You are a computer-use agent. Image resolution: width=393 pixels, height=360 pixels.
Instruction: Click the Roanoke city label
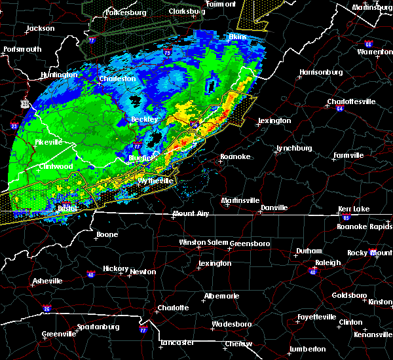click(234, 157)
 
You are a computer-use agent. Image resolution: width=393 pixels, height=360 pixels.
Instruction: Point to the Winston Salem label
click(202, 242)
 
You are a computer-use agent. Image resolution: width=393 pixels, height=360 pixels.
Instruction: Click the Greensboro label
click(250, 242)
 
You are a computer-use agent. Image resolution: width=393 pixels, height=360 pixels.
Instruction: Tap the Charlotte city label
click(173, 308)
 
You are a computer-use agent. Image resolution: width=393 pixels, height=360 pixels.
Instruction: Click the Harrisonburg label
click(321, 72)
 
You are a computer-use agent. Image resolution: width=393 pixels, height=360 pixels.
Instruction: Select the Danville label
click(274, 207)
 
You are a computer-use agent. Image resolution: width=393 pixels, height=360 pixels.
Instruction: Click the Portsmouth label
click(22, 49)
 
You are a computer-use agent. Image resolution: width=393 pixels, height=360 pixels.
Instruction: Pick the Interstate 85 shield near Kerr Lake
click(346, 217)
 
